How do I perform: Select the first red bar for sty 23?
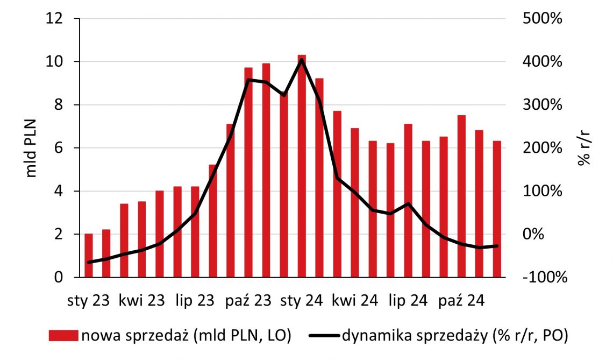(89, 256)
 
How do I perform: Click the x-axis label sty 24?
(301, 300)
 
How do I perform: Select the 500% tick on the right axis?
(541, 19)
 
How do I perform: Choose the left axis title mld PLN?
(31, 148)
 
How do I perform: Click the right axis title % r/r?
(586, 148)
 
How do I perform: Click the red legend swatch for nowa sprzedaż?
(63, 336)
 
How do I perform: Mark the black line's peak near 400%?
(302, 60)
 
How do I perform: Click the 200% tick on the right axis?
(541, 148)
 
